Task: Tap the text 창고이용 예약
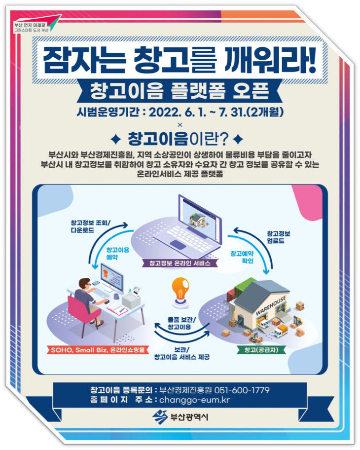[118, 254]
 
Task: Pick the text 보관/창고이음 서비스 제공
[179, 353]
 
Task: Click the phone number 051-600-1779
[245, 390]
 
